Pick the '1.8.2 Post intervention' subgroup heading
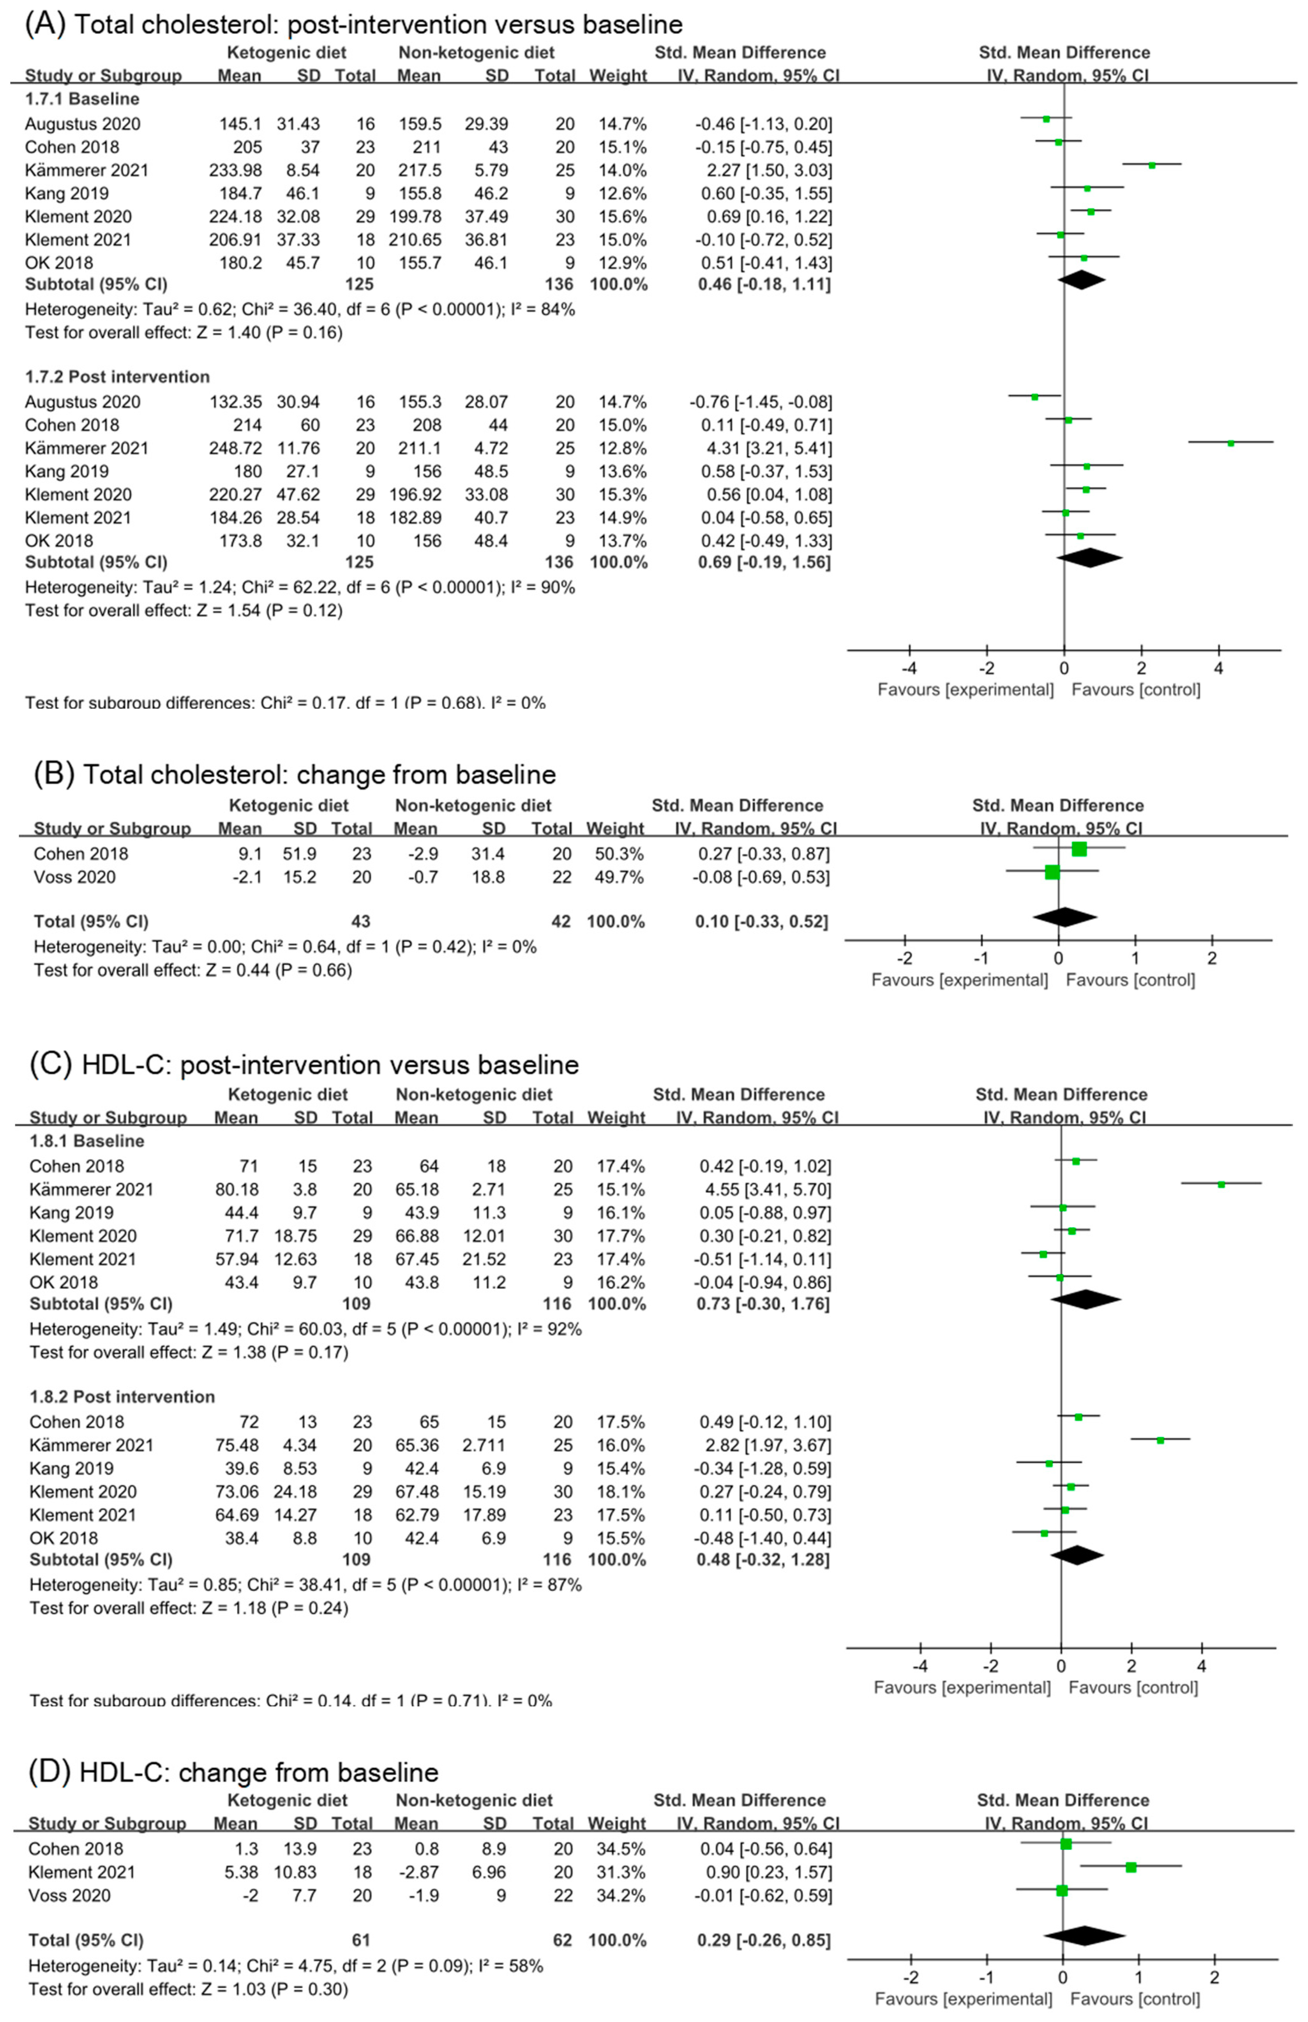tap(122, 1397)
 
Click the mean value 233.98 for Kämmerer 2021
tap(236, 170)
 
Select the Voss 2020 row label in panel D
tap(70, 1895)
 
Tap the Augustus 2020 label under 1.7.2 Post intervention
tap(82, 402)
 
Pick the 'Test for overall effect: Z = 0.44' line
tap(193, 970)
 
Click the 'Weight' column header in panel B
tap(615, 829)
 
